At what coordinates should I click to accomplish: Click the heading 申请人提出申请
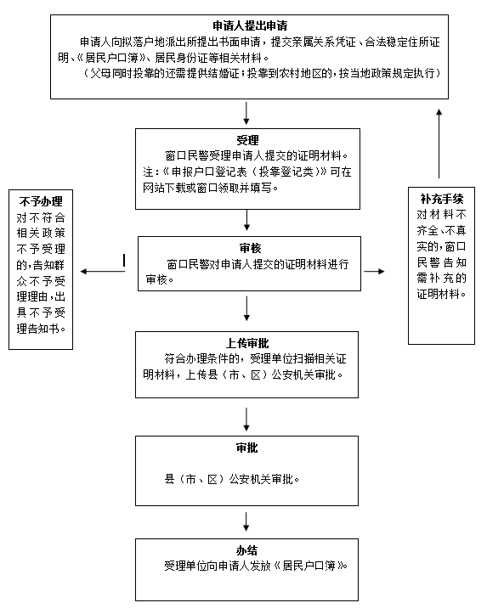tap(250, 25)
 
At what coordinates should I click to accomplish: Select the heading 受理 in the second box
tap(247, 140)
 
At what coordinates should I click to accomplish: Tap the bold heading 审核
tap(250, 248)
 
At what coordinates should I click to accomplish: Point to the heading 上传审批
tap(247, 343)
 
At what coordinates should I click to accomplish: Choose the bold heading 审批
tap(246, 448)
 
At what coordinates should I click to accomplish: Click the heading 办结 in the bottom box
tap(246, 550)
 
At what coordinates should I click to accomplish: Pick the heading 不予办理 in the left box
tap(41, 201)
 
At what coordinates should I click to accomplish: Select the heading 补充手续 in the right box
tap(442, 199)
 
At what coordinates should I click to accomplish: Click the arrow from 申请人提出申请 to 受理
tap(246, 113)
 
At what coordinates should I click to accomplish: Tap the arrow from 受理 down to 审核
tap(246, 220)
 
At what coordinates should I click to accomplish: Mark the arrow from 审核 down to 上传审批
tap(246, 308)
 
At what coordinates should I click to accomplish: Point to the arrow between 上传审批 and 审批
tap(246, 420)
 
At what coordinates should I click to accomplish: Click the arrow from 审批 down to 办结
tap(246, 521)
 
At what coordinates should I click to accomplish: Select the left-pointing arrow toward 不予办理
tap(103, 272)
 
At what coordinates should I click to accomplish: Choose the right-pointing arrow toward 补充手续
tap(374, 272)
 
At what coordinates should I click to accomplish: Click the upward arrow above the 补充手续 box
tap(439, 144)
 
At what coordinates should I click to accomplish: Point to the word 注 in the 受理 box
tap(148, 172)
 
